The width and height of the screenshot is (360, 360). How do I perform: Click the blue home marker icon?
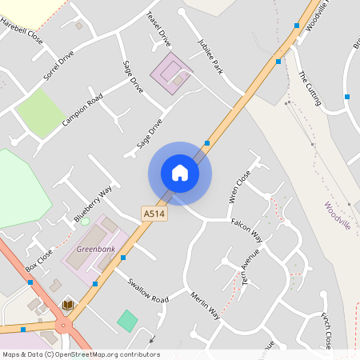tap(180, 173)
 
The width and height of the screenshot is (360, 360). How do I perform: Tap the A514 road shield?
tap(154, 214)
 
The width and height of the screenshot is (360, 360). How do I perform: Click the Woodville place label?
tap(338, 215)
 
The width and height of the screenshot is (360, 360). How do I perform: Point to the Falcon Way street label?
tap(246, 231)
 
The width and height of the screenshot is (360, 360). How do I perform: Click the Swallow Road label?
tap(148, 290)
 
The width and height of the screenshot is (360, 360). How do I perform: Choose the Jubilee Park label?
tap(210, 56)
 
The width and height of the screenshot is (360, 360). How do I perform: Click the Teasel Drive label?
tap(159, 29)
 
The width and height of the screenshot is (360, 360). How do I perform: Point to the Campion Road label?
tap(82, 112)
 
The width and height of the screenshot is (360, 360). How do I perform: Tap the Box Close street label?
tap(39, 259)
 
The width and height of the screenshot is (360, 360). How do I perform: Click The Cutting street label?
tap(309, 87)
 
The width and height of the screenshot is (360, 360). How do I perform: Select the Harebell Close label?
tap(22, 31)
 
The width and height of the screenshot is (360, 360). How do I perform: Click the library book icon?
tap(68, 305)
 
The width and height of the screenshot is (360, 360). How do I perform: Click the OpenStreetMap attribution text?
tap(81, 354)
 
